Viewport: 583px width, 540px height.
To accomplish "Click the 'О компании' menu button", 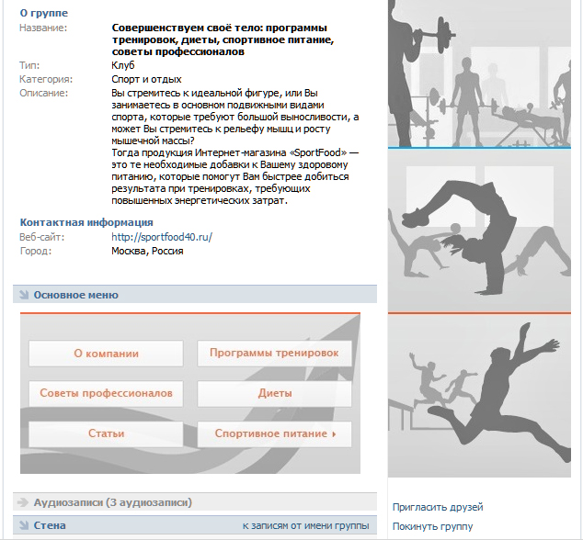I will (106, 354).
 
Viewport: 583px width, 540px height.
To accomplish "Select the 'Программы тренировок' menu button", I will (274, 354).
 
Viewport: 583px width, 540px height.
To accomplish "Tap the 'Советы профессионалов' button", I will (106, 393).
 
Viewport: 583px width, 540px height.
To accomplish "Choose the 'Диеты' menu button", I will (274, 393).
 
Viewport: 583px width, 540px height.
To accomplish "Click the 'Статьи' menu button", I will (106, 433).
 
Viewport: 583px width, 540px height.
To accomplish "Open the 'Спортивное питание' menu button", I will (274, 433).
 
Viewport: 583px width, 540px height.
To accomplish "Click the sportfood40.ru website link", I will (162, 237).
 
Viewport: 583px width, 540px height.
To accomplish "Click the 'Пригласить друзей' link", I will (437, 507).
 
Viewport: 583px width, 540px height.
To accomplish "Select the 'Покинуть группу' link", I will (432, 526).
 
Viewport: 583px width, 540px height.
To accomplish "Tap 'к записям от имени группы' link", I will (305, 526).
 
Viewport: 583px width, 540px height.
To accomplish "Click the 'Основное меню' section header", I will (75, 295).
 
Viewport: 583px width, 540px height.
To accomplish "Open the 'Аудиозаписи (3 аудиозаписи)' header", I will (112, 502).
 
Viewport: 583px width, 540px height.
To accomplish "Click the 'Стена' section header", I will (50, 526).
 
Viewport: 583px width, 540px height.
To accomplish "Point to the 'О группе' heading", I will (43, 14).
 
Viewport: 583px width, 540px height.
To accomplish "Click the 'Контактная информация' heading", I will (86, 222).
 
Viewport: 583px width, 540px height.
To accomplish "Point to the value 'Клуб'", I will (122, 66).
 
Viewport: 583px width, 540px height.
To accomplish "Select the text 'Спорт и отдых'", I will (146, 80).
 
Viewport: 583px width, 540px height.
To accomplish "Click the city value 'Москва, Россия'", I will (147, 251).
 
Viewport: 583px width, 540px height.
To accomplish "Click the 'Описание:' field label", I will (43, 94).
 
